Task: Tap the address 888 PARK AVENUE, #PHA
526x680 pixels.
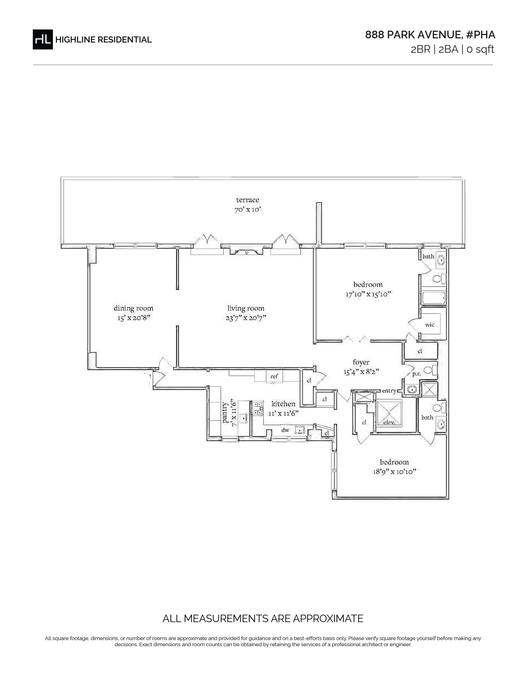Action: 430,35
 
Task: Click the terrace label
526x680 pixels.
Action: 248,200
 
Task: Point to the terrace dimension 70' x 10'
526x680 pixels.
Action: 248,210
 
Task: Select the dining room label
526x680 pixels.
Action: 133,308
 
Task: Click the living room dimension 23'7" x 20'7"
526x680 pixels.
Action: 246,318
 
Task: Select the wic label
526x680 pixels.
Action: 430,325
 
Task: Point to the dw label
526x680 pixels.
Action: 285,430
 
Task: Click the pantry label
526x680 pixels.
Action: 225,413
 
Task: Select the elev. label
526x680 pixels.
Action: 389,422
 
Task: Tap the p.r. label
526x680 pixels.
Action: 417,374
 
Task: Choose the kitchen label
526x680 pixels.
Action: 283,404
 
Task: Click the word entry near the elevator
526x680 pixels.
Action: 389,391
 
